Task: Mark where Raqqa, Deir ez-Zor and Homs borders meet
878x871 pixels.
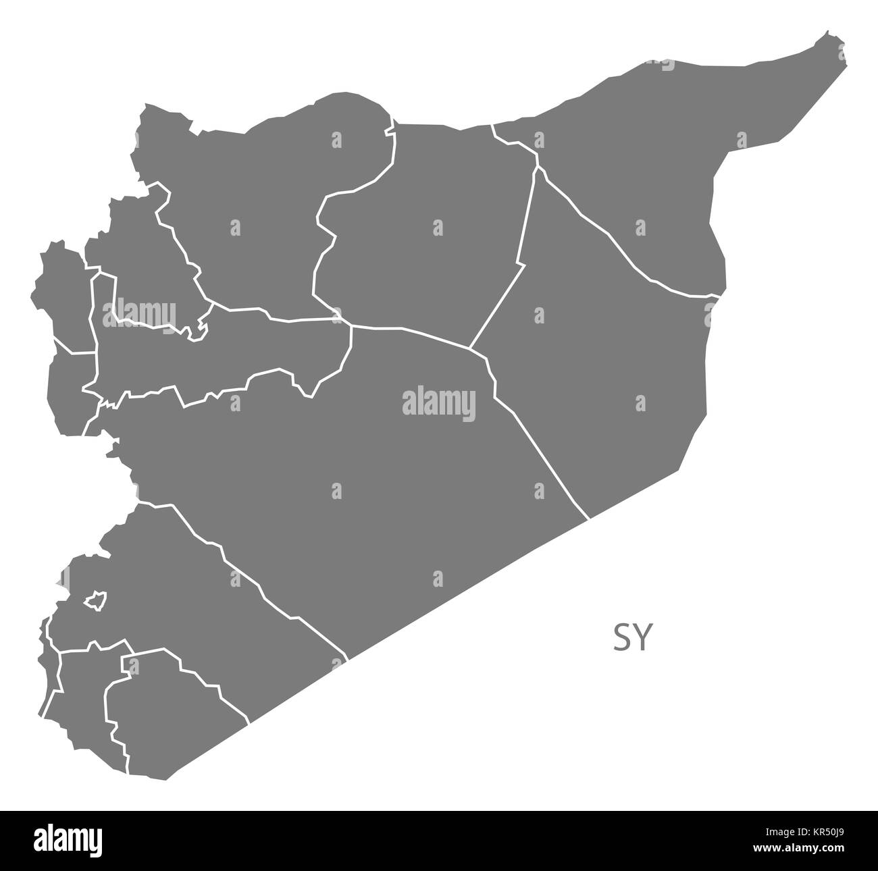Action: [471, 348]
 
